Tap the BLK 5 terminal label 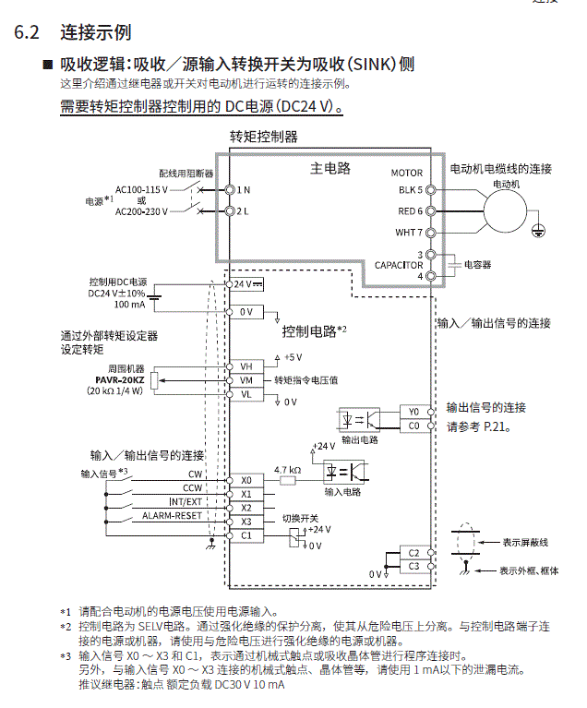point(410,189)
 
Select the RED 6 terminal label point(410,210)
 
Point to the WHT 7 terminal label point(409,233)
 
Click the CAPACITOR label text point(398,265)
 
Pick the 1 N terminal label point(243,189)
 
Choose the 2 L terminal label point(243,211)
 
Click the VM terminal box point(246,380)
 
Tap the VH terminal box point(246,366)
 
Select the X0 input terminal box point(246,480)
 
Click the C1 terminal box point(246,535)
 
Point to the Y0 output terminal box point(413,412)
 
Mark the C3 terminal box point(413,566)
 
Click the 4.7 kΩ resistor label point(287,470)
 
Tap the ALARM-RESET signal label point(172,516)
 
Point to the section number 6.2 point(27,32)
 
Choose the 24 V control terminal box point(246,283)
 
